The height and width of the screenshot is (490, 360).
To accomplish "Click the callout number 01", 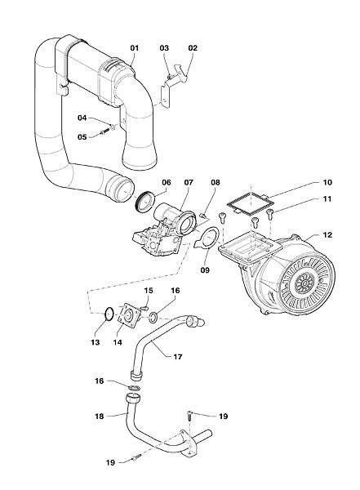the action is click(135, 48).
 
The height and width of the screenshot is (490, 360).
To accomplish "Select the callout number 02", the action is click(193, 48).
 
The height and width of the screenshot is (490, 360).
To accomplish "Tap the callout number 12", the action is click(327, 234).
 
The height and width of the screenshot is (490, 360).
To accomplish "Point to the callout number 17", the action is click(177, 357).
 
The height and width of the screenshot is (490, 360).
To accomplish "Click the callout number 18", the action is click(100, 416).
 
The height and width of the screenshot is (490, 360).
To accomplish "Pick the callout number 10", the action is click(327, 182).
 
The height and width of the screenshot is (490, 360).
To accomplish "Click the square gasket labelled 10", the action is click(249, 203).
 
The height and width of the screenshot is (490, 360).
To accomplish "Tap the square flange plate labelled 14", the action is click(128, 315).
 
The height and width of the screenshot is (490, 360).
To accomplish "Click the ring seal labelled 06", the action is click(146, 203).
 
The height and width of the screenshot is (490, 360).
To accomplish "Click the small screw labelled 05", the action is click(104, 133).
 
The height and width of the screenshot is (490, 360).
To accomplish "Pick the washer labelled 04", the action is click(113, 127).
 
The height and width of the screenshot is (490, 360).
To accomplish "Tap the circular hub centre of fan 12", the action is click(303, 283).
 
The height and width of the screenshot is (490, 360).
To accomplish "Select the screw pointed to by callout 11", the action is click(270, 215).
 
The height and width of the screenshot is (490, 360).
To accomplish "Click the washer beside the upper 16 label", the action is click(153, 318).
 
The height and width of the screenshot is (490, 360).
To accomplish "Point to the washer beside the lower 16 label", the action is click(134, 388).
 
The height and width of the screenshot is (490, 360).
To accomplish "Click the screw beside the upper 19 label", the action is click(190, 416).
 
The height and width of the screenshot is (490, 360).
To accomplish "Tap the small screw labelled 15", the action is click(144, 309).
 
